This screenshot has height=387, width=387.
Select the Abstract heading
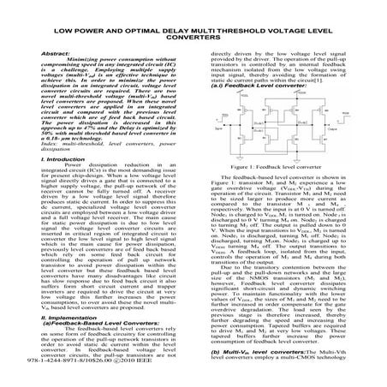pos(47,52)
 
